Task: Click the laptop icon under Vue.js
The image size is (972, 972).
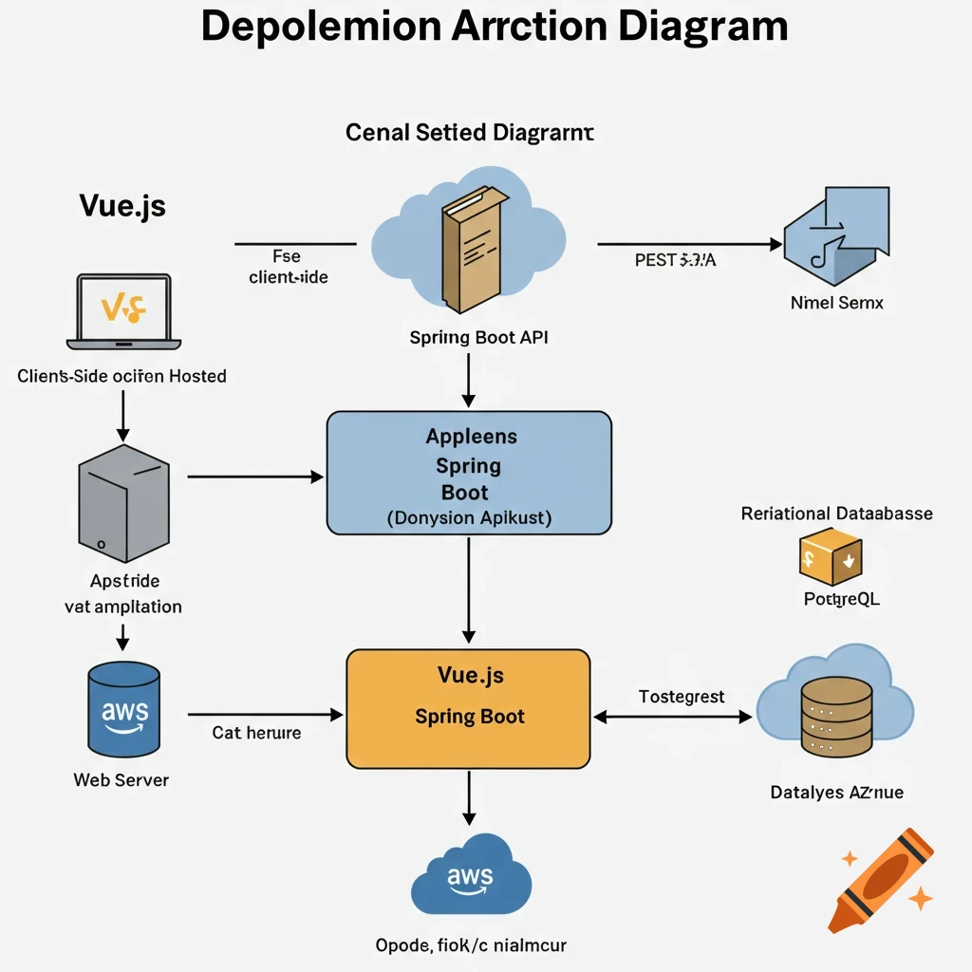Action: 123,310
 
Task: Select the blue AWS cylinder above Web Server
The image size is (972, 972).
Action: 122,708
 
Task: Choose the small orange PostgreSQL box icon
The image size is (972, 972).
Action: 830,556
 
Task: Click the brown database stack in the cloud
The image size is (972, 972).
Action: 835,711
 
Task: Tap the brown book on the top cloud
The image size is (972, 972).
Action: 469,249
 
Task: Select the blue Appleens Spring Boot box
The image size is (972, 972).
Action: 469,473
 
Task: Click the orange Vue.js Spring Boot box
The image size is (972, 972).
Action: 469,708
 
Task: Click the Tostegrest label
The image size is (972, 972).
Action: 682,697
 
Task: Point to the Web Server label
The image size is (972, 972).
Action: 121,780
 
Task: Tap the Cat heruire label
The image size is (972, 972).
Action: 256,733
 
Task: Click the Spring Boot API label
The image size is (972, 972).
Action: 479,337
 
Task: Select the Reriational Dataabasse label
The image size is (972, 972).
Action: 836,514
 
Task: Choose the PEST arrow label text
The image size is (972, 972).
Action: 675,260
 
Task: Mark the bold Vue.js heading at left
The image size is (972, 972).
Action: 122,206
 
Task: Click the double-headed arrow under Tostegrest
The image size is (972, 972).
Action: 672,718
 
